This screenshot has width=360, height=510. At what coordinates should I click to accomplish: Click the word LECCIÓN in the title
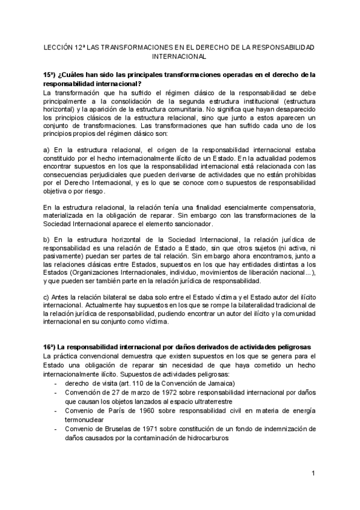pyautogui.click(x=60, y=46)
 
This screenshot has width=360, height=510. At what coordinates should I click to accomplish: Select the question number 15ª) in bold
pyautogui.click(x=50, y=75)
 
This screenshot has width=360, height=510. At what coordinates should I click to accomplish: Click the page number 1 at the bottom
pyautogui.click(x=313, y=475)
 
